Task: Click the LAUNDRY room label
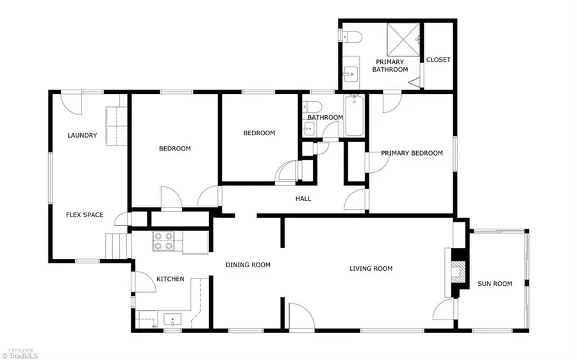click(x=82, y=135)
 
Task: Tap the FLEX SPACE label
click(x=85, y=215)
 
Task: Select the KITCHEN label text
click(x=171, y=279)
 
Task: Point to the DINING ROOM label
click(x=247, y=265)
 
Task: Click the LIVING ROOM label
click(x=371, y=268)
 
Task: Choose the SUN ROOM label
click(x=494, y=284)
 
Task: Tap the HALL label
click(x=303, y=199)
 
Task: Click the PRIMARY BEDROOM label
click(x=412, y=153)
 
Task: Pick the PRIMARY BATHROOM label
click(x=391, y=65)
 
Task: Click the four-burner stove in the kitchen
click(x=163, y=241)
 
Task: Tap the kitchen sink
click(x=172, y=319)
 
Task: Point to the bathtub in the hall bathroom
click(x=353, y=116)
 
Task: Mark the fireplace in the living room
click(x=457, y=271)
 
